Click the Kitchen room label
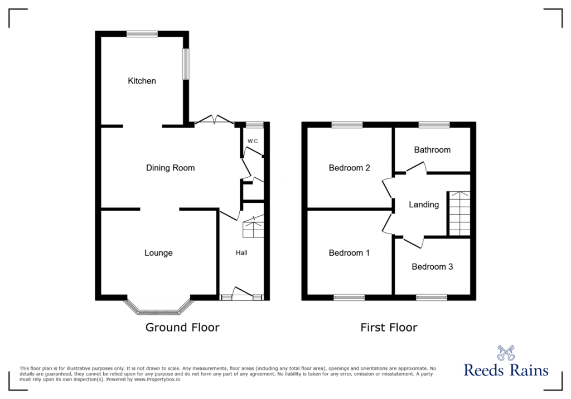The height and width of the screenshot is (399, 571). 142,81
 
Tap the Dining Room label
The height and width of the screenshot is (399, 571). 171,168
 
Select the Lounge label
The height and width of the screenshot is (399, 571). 158,253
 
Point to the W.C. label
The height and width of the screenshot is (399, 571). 253,141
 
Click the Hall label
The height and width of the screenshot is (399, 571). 241,252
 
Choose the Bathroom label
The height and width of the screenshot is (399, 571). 432,149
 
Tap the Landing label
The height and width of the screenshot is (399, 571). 424,205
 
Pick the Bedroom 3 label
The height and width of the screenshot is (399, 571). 432,266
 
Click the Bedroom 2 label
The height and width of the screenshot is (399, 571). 349,168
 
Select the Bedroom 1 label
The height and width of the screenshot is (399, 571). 349,252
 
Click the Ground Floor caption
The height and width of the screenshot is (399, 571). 182,327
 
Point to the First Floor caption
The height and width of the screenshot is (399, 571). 389,327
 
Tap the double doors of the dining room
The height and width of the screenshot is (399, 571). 215,120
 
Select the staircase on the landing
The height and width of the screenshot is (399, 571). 459,213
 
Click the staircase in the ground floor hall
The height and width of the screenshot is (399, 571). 253,226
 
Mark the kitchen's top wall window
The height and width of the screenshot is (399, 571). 142,34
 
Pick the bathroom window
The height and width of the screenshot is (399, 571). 434,125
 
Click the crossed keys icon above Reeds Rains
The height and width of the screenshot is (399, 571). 506,353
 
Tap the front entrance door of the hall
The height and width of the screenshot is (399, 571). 242,294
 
